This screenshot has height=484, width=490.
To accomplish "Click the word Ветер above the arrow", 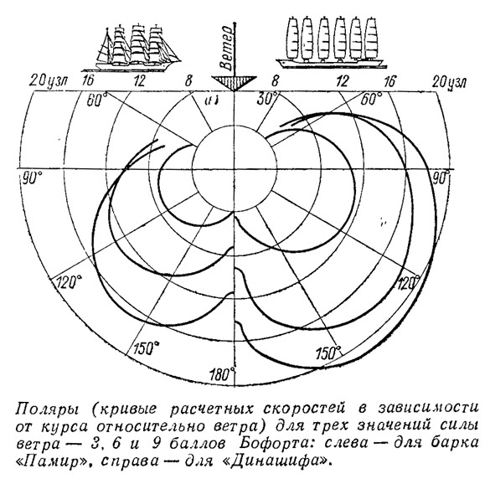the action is tap(226, 48).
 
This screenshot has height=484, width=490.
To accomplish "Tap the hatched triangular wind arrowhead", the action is tap(234, 82).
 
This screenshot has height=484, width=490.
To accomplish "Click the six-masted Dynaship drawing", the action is tap(331, 42).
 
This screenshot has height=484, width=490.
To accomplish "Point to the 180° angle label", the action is tap(223, 373).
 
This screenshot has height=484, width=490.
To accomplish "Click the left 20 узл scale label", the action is tap(50, 81).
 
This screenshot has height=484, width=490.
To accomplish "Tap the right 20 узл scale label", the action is tap(449, 82).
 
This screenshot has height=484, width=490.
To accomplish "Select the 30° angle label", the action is tap(268, 99).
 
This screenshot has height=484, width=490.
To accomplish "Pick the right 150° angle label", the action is tap(328, 353).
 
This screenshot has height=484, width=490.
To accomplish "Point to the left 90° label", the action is tap(32, 178).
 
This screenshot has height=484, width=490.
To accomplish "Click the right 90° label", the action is tap(440, 178).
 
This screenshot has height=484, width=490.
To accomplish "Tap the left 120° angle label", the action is tap(69, 282).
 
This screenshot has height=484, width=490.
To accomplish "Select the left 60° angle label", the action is tap(97, 100).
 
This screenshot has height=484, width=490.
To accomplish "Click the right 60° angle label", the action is tap(371, 99).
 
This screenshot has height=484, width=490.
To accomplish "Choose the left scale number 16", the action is tap(87, 81).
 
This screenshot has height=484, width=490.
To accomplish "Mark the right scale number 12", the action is tap(343, 81).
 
